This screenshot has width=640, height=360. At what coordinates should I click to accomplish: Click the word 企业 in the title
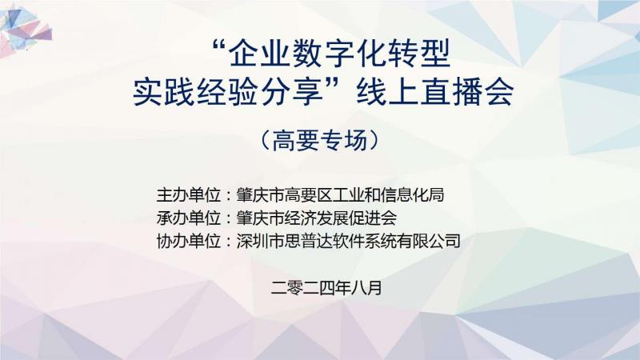pos(257,54)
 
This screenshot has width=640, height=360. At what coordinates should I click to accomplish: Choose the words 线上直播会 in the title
pos(434,92)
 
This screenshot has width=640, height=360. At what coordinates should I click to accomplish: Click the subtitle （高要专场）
pos(320,140)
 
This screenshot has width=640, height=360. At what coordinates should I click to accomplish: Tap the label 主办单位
pos(189,195)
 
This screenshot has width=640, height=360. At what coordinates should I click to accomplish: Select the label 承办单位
pos(189,218)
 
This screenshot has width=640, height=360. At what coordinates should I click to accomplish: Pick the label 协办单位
pos(189,242)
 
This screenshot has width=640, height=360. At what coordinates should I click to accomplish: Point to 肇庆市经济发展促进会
pos(316,218)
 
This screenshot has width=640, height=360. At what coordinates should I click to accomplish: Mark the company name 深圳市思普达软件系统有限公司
pos(348,242)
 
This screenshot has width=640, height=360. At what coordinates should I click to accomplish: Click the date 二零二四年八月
pos(326,288)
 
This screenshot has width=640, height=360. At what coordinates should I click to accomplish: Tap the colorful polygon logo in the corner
pos(26,29)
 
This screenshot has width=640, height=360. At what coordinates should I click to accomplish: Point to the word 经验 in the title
pos(228,92)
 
